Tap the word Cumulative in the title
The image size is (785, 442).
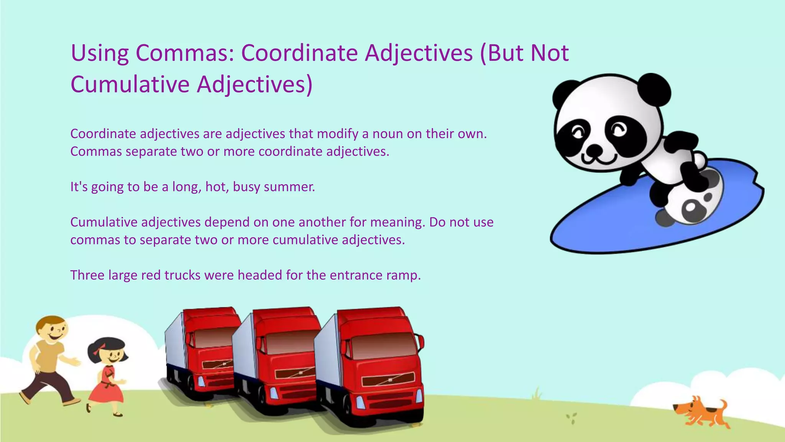(x=130, y=84)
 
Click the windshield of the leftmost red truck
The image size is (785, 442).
(x=213, y=338)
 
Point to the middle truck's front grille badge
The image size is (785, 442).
(x=301, y=372)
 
